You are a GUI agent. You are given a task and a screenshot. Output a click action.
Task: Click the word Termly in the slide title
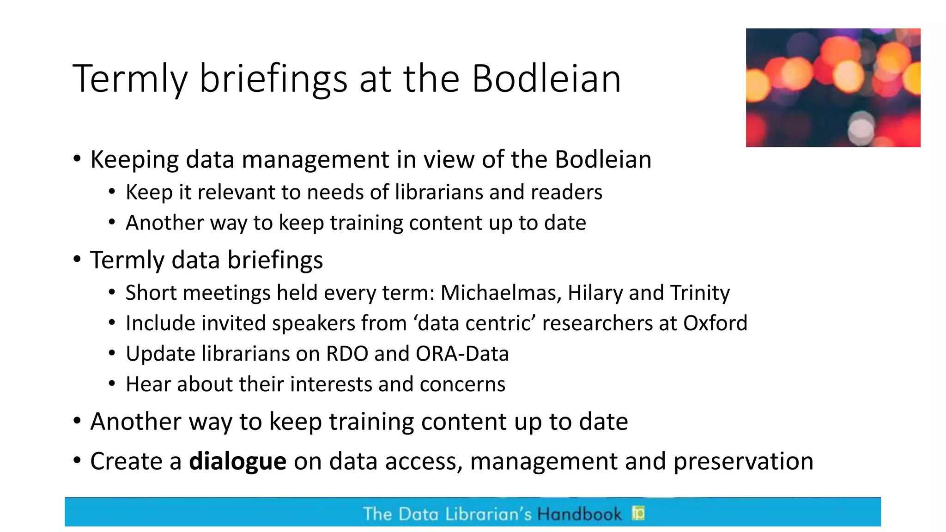click(130, 79)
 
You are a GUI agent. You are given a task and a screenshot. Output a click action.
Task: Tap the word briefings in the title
click(273, 79)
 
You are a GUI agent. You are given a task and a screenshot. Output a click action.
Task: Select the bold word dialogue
click(237, 461)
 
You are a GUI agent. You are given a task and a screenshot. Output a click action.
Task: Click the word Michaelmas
click(501, 293)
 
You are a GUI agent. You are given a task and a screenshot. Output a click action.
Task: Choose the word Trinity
click(700, 293)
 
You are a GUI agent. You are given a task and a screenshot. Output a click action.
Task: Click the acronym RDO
click(347, 354)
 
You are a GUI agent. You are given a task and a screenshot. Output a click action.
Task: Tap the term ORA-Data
click(462, 354)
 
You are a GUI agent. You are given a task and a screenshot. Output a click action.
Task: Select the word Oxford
click(715, 323)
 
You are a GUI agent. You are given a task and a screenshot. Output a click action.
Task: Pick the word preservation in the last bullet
click(743, 461)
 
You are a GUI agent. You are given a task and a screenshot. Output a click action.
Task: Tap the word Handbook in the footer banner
click(579, 514)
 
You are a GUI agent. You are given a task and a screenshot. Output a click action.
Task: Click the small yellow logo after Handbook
click(638, 513)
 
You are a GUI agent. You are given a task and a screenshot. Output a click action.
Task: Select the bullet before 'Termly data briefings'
click(77, 260)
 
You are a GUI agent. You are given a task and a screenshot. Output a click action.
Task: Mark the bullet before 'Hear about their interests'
click(112, 384)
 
